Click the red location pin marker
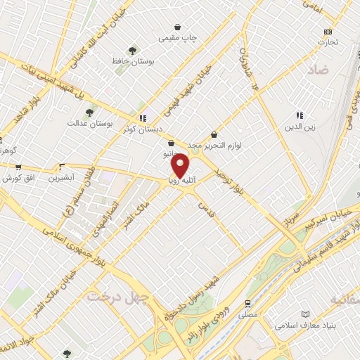(x=180, y=165)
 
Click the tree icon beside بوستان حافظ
(x=131, y=50)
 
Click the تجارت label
(x=327, y=42)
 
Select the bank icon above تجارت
(x=327, y=32)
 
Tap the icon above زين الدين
(x=300, y=115)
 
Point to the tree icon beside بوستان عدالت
(x=89, y=112)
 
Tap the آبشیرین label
(x=63, y=178)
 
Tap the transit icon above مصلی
(x=247, y=304)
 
